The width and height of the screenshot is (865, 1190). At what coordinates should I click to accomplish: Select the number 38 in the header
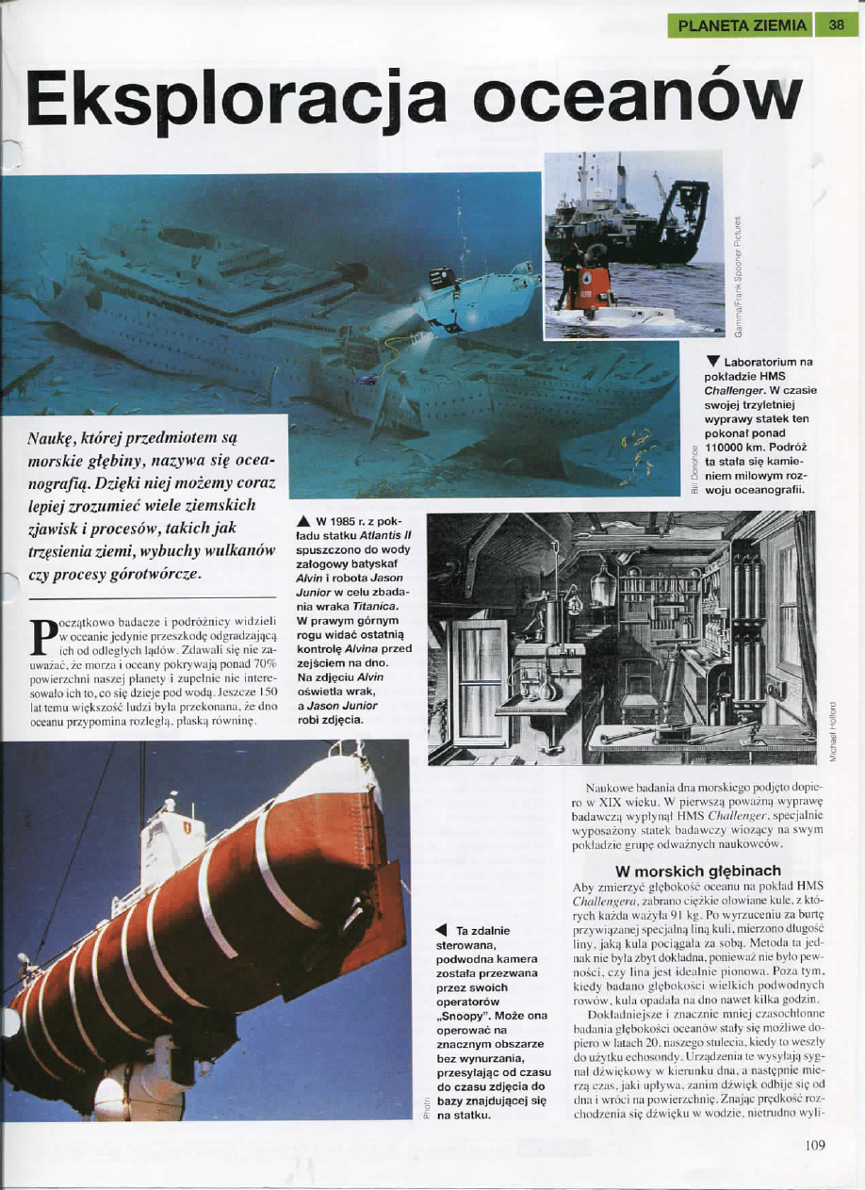tap(836, 25)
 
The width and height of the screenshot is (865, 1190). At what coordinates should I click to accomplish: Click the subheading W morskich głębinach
tap(697, 871)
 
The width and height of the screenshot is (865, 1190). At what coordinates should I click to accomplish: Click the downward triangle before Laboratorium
tap(714, 362)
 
